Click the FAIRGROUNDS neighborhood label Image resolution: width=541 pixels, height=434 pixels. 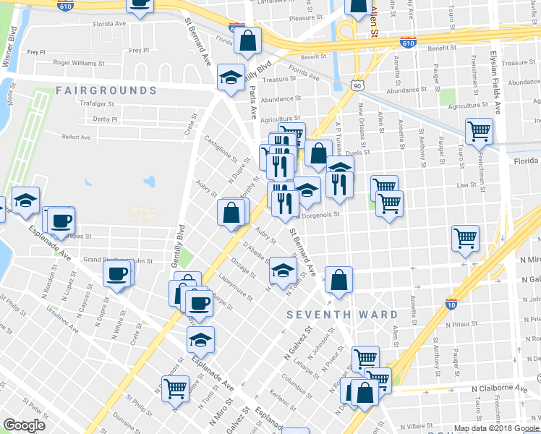coord(106,90)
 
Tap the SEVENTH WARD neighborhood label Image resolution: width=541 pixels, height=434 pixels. coord(342,315)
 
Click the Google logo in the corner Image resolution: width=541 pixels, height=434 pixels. coord(24,425)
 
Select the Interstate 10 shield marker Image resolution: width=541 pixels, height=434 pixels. coord(452,304)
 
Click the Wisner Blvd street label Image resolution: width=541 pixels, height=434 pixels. coord(11,49)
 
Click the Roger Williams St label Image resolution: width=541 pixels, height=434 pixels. coord(74,63)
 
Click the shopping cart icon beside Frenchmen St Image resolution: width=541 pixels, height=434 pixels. coord(479,132)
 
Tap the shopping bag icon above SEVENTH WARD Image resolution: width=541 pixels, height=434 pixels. coord(338,280)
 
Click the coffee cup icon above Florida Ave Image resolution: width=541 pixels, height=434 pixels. coord(140,4)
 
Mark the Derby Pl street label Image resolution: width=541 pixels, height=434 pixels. coord(105,119)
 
